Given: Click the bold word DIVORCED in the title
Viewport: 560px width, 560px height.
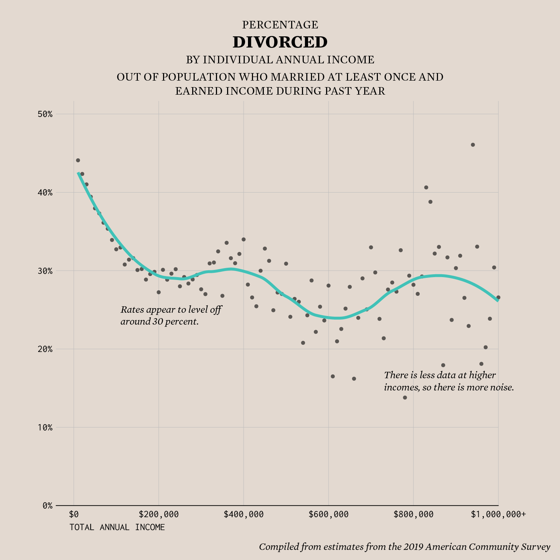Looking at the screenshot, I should click(x=280, y=42).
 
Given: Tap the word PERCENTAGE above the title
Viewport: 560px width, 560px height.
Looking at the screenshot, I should click(x=280, y=25).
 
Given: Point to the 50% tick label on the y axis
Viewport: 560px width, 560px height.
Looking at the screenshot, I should click(x=45, y=114).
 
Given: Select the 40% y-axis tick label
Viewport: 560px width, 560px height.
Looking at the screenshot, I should click(x=45, y=193).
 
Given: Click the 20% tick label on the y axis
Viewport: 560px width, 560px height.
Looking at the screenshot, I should click(x=45, y=349).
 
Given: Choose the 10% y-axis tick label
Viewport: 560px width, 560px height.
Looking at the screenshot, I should click(x=45, y=428).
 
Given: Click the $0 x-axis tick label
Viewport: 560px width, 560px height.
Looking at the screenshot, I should click(x=74, y=515).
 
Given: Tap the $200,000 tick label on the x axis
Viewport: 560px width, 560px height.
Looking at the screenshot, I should click(x=159, y=515).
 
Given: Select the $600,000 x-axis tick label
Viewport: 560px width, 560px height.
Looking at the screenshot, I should click(x=329, y=515).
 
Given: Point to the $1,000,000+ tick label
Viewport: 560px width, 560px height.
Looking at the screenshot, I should click(x=498, y=515).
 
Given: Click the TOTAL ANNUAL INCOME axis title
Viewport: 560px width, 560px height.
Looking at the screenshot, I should click(x=117, y=527).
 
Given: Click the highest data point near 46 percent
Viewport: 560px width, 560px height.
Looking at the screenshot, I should click(x=473, y=145).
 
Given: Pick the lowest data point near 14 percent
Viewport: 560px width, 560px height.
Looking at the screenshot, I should click(x=405, y=397).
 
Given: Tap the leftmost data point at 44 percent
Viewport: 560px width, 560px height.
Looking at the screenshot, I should click(x=78, y=160).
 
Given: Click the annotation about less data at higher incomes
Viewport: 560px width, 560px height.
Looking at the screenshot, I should click(x=448, y=381).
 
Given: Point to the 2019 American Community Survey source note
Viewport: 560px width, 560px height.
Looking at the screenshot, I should click(x=405, y=547).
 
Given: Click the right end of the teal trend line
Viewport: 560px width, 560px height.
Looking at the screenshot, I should click(x=497, y=300).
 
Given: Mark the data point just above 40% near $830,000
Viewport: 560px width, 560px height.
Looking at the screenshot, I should click(x=426, y=187).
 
